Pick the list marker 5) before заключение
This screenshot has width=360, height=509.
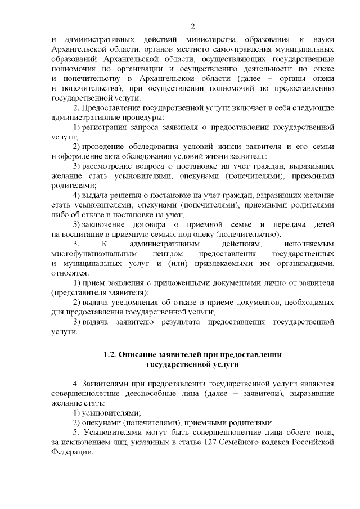coord(78,224)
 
